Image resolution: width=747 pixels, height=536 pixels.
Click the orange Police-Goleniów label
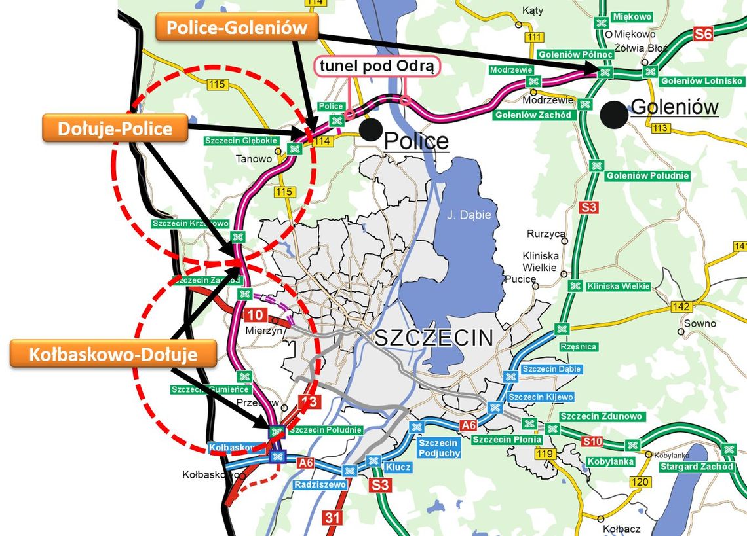click(237, 27)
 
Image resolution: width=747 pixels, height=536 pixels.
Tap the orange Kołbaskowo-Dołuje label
click(113, 355)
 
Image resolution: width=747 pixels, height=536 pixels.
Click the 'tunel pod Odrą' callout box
click(377, 67)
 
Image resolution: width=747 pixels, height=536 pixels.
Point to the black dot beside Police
click(371, 130)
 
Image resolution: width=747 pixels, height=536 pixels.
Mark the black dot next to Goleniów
click(614, 113)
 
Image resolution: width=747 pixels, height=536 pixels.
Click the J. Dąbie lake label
click(468, 213)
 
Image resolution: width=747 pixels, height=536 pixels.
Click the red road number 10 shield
click(256, 315)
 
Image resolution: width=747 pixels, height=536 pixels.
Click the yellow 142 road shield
click(682, 307)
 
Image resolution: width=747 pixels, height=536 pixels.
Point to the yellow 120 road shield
click(642, 483)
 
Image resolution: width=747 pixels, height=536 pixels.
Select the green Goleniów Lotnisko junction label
click(701, 81)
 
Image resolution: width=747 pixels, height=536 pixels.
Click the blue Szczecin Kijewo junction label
click(541, 397)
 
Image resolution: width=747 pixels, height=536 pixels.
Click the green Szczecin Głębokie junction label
click(241, 141)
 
